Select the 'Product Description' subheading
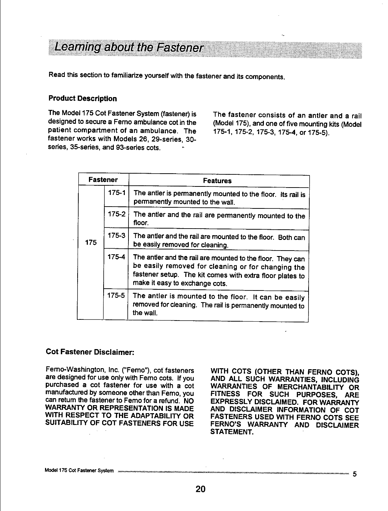(x=83, y=99)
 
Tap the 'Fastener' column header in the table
(x=103, y=180)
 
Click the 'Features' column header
(x=217, y=181)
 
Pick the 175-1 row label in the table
(x=116, y=193)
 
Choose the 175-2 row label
(x=116, y=214)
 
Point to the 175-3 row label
(x=116, y=236)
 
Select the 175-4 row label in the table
(x=116, y=257)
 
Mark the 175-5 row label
(x=116, y=296)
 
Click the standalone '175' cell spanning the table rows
(x=90, y=242)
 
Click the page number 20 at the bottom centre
(x=201, y=489)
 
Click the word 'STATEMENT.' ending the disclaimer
(x=232, y=432)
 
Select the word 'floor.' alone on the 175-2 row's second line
(x=141, y=223)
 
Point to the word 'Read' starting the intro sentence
(x=56, y=75)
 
